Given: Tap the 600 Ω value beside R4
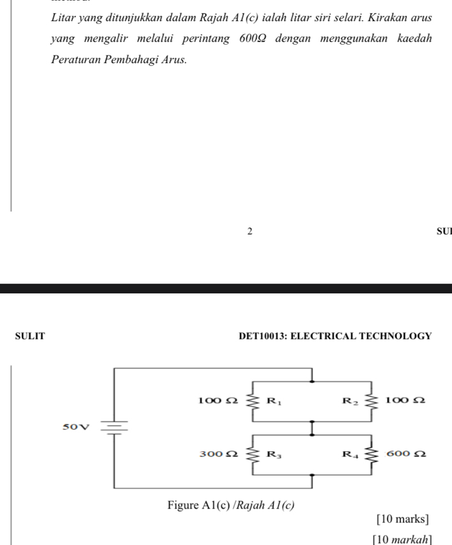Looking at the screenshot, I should coord(405,454).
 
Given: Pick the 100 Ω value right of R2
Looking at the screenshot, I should coord(405,400).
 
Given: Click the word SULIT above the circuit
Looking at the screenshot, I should coord(29,336).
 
